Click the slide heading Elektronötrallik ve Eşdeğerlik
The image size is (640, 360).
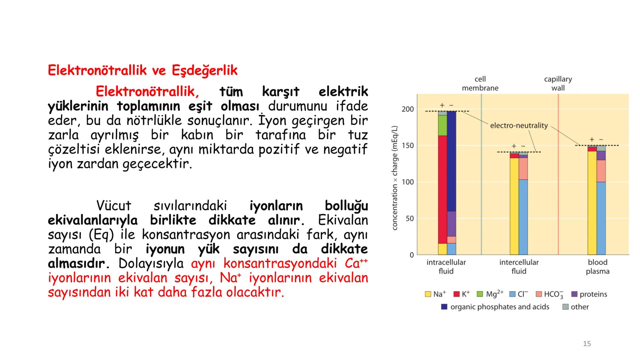142,70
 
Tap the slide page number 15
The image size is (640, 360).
587,344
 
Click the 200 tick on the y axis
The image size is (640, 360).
407,109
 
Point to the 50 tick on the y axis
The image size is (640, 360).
409,219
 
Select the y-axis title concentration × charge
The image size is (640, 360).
395,178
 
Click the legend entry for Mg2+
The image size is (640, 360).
490,294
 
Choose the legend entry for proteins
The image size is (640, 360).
589,294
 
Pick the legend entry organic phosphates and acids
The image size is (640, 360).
495,307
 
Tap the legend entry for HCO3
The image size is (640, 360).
549,294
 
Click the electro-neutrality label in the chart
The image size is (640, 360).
519,126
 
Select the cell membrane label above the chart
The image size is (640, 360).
480,83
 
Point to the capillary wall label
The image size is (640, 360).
558,83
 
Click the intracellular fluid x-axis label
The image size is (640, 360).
446,267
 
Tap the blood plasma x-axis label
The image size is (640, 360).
597,267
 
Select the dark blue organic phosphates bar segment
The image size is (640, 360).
451,160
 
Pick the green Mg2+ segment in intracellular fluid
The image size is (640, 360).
442,125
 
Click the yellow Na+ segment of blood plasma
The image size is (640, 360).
592,203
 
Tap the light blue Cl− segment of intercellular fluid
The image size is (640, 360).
523,217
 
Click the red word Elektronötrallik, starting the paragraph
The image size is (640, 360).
147,91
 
